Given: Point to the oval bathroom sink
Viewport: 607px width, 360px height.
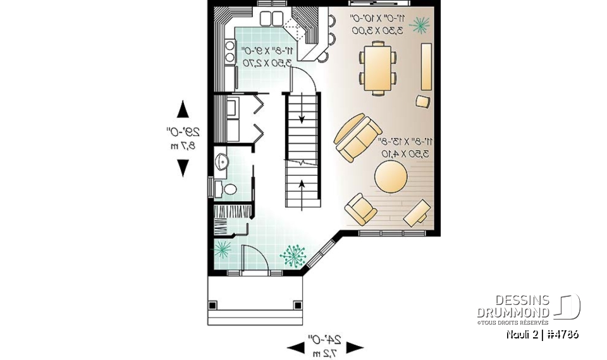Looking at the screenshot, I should pos(221,162).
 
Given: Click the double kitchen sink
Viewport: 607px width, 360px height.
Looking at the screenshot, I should pos(273,18).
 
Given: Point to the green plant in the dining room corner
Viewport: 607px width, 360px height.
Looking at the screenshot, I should pos(419,25).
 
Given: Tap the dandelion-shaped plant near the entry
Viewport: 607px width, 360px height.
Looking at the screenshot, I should pos(292,256).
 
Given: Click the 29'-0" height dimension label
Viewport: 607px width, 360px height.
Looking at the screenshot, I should pos(183,133).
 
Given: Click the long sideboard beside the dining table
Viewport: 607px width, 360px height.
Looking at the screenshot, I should pos(426,67).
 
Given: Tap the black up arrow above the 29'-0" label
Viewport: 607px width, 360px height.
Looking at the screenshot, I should pos(183,109).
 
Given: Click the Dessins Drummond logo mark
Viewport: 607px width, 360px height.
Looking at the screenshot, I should pos(567,307).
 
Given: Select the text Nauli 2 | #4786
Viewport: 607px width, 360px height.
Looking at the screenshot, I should pos(543,335).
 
